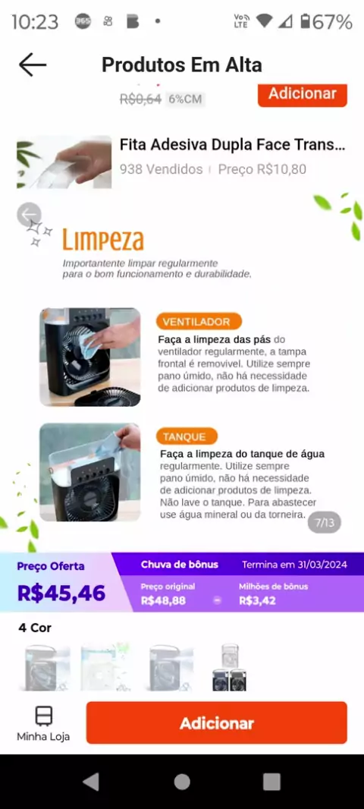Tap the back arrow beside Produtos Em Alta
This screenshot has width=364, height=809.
[x=33, y=65]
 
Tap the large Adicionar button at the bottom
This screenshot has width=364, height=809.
[x=217, y=722]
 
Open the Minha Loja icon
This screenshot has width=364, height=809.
[x=43, y=716]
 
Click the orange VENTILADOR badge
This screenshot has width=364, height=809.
[x=199, y=322]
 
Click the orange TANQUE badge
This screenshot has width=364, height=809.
[x=187, y=436]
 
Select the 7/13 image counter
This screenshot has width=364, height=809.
[x=325, y=523]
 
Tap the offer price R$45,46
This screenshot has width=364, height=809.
[x=61, y=593]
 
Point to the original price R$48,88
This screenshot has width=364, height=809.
[x=163, y=600]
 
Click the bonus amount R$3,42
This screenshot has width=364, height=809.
[x=257, y=600]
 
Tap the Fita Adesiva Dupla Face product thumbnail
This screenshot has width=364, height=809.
[x=64, y=162]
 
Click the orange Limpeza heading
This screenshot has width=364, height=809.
[x=103, y=241]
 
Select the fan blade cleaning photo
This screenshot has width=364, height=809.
[x=89, y=357]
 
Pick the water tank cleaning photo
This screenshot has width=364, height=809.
[x=89, y=472]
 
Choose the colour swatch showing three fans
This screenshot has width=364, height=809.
[x=230, y=666]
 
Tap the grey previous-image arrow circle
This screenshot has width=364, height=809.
[x=29, y=214]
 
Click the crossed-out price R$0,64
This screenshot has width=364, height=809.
[x=140, y=99]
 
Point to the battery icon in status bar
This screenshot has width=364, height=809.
[x=306, y=22]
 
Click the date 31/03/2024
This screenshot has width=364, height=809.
[x=322, y=565]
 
